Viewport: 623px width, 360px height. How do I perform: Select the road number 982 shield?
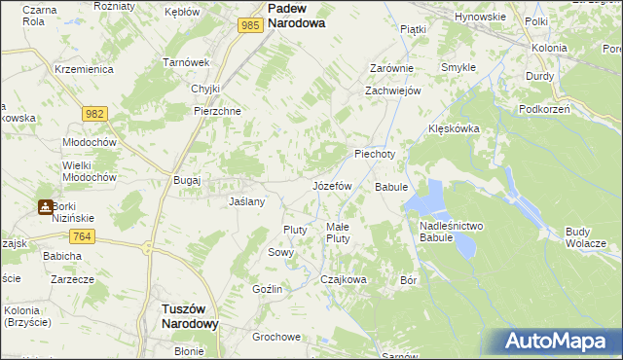[x=94, y=114]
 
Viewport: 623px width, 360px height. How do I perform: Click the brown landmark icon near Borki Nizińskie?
[x=45, y=206]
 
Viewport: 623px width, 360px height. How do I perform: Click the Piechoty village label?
[x=375, y=154]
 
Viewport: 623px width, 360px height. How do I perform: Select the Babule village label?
[x=390, y=186]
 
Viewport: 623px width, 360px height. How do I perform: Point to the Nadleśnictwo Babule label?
[x=451, y=233]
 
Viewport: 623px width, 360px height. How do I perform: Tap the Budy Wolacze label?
[x=585, y=236]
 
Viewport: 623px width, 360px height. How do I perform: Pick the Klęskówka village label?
[x=455, y=128]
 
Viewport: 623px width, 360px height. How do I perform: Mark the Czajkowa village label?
[x=344, y=279]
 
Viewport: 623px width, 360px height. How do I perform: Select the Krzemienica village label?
[x=85, y=70]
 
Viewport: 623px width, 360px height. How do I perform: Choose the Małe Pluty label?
[x=338, y=233]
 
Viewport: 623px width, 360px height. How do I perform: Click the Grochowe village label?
[x=275, y=338]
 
